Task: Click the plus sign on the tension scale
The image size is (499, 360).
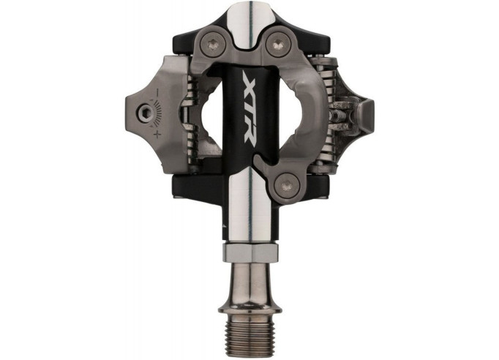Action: coord(157,135)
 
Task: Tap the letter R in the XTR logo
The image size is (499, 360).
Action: coord(251,134)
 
